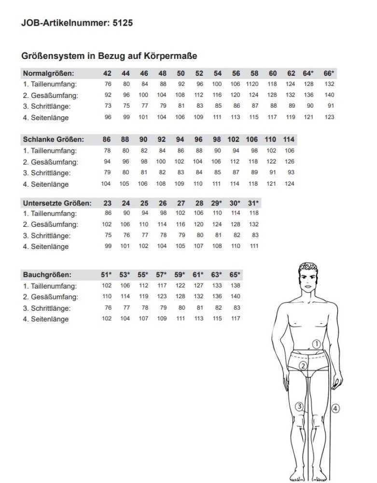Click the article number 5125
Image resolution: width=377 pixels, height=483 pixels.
123,23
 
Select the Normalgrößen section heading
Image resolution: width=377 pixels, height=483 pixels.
48,73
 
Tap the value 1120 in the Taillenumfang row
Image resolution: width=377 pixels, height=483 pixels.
253,84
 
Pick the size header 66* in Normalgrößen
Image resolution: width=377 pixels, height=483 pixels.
329,73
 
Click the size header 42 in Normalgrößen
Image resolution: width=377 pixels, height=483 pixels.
108,73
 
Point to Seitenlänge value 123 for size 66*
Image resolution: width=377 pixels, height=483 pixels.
330,117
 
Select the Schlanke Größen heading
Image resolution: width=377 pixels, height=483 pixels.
53,139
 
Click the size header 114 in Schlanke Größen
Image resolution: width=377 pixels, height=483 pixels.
289,139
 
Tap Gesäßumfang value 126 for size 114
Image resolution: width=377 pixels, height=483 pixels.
289,162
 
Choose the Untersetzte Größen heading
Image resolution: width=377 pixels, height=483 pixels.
57,203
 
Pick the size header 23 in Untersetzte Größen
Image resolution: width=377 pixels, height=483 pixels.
107,203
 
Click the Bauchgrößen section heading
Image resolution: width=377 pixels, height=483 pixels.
47,275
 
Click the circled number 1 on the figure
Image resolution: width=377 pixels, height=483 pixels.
317,344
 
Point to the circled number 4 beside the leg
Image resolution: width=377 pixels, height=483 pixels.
335,408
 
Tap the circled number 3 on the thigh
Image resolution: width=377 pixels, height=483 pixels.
300,406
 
